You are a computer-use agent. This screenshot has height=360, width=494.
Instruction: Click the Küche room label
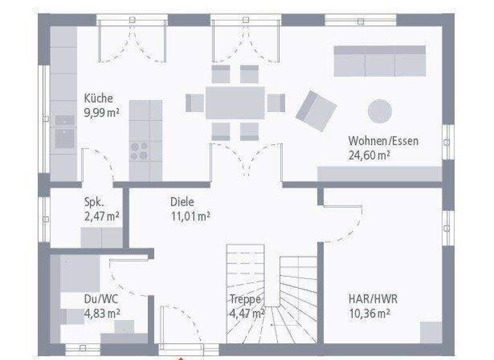click(x=98, y=98)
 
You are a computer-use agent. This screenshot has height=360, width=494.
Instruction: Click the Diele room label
click(x=182, y=202)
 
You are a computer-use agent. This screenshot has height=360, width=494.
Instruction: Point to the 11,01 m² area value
click(x=190, y=216)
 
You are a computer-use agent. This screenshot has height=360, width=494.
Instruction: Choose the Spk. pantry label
click(x=95, y=202)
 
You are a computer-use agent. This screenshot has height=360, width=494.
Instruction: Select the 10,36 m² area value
click(x=370, y=314)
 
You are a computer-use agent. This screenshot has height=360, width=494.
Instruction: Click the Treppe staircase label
click(x=245, y=300)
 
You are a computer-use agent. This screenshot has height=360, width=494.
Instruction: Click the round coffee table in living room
click(x=380, y=111)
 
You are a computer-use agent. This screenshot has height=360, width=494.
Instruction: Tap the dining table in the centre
click(x=235, y=102)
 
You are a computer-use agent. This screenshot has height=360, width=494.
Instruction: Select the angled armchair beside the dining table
click(x=316, y=110)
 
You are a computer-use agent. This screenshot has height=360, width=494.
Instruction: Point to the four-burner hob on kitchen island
click(x=138, y=150)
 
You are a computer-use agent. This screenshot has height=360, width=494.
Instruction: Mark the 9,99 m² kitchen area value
click(x=102, y=113)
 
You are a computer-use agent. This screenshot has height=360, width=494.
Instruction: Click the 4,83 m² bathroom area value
click(x=102, y=314)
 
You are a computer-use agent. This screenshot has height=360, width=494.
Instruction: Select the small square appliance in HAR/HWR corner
click(x=431, y=332)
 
